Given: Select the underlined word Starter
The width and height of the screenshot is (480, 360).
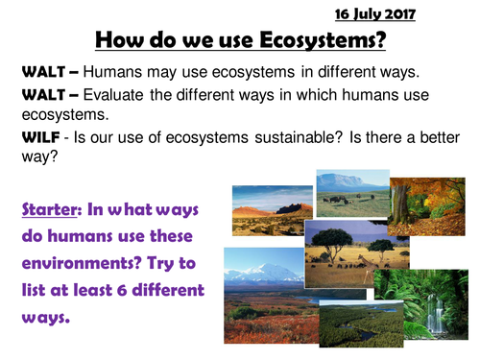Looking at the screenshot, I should click(48, 211).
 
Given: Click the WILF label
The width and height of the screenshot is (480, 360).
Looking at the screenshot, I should click(39, 134).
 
